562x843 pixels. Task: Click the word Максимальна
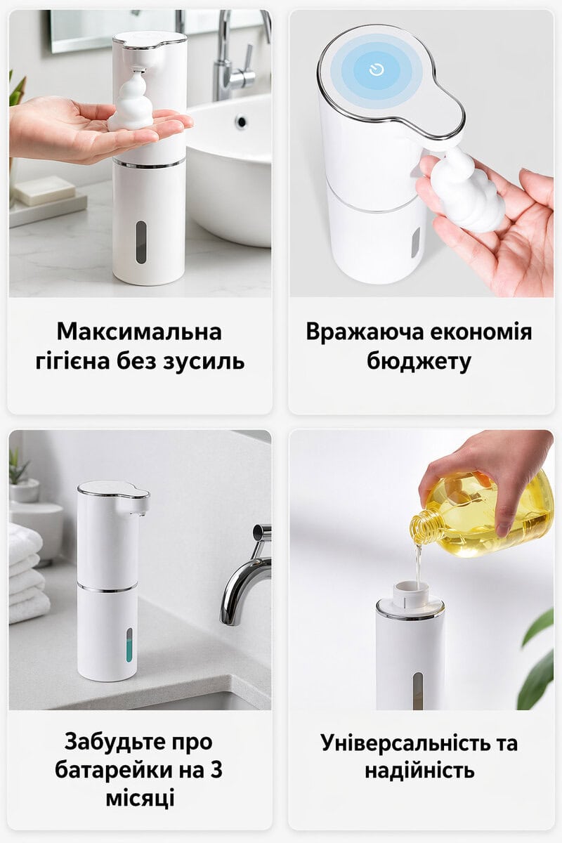pos(139,332)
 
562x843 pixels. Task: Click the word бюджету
pos(419,362)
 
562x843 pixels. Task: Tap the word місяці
pos(140,799)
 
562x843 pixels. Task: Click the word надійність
pos(419,770)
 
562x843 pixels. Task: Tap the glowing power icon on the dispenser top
pos(377,70)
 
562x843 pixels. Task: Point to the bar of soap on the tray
pos(44,190)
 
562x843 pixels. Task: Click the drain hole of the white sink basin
pos(241,121)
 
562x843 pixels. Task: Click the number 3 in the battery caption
pos(216,770)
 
